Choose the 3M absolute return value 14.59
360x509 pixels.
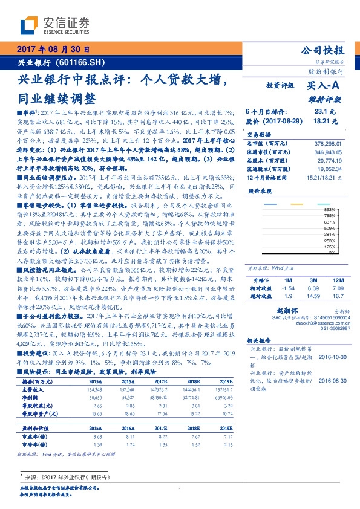(x=313, y=280)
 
